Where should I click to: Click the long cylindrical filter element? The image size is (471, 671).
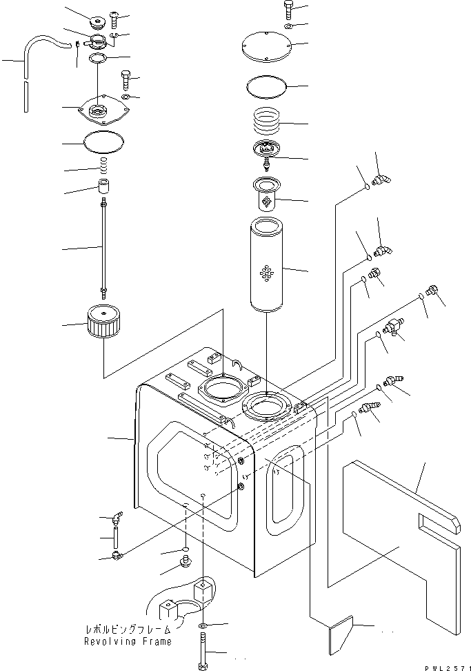265,266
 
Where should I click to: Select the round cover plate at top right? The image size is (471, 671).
265,46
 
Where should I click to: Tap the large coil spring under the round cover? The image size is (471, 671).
265,123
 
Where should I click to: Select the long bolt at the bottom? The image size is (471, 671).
203,652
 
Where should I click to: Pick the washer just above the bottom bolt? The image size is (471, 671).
203,626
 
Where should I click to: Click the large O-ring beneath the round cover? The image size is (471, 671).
265,87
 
